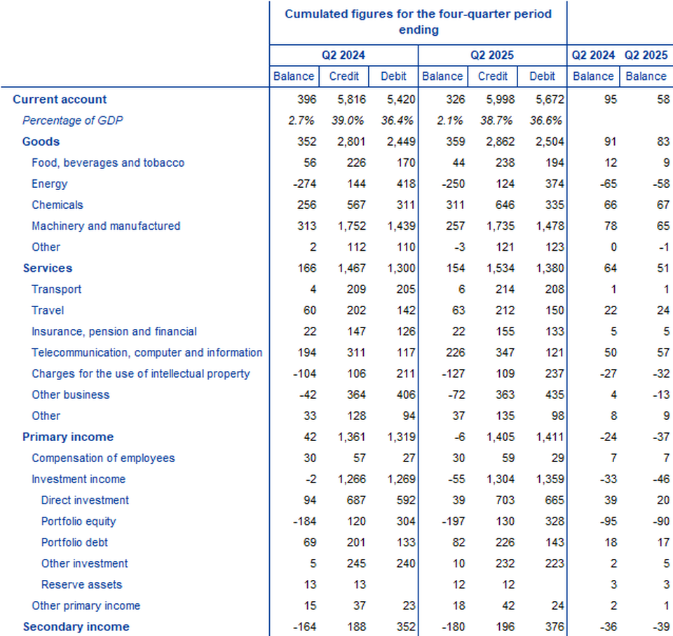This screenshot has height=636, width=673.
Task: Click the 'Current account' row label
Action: point(60,100)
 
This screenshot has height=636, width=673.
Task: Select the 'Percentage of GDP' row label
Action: point(72,121)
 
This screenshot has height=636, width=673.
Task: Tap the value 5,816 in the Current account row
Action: point(344,100)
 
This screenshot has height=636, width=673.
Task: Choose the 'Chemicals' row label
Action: point(57,205)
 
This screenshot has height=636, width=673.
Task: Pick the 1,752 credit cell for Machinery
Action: point(344,226)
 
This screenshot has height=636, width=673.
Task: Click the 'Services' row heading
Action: point(47,268)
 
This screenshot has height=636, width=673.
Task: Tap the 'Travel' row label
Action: point(47,310)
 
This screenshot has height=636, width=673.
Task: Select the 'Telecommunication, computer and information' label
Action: point(147,353)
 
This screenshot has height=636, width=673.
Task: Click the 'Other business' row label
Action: point(71,395)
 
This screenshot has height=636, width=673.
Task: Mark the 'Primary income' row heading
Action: point(68,437)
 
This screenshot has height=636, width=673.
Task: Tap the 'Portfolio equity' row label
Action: point(79,521)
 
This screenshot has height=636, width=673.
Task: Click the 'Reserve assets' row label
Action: point(81,584)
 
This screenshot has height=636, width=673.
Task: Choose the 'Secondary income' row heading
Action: point(76,627)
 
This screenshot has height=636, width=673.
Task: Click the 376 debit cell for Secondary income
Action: point(546,627)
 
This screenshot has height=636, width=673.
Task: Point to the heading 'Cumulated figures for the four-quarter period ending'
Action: point(418,22)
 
